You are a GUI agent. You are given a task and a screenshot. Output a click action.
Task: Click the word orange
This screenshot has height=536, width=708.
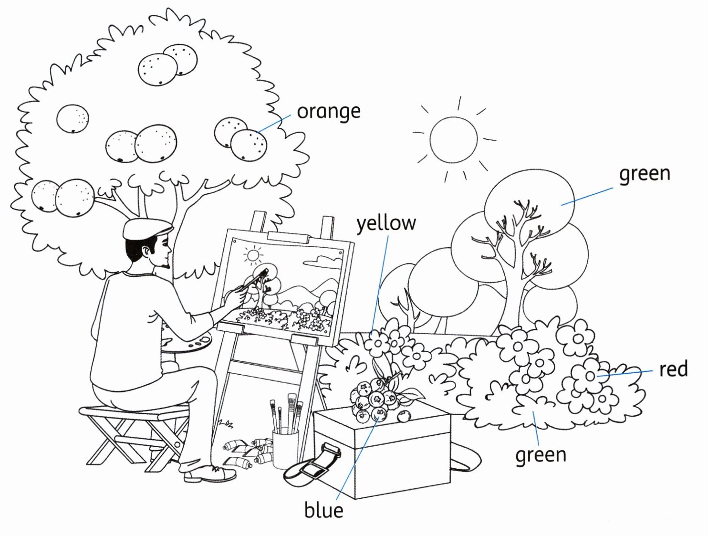click(x=328, y=112)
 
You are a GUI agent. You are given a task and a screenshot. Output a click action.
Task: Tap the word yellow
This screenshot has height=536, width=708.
click(x=386, y=223)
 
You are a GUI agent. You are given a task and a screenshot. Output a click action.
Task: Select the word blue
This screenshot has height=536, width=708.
click(x=323, y=510)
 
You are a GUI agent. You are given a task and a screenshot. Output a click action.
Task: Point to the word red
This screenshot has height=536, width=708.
click(x=673, y=369)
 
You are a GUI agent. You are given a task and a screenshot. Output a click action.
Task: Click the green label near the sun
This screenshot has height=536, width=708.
click(x=644, y=174)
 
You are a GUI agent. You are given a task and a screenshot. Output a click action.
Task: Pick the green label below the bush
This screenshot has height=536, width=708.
click(x=541, y=455)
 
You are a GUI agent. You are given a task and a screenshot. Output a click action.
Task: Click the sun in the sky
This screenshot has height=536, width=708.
click(x=453, y=140)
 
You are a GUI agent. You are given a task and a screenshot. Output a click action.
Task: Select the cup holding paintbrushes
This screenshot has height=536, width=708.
click(x=285, y=449)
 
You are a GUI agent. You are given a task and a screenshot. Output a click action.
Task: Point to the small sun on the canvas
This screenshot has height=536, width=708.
click(x=253, y=255)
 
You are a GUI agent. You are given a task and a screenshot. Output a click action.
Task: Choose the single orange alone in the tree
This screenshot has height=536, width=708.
click(x=73, y=118)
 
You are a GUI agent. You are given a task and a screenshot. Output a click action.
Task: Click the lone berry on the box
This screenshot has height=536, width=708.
click(x=404, y=416)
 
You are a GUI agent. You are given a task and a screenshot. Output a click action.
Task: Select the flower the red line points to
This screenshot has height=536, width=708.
click(x=590, y=376)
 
